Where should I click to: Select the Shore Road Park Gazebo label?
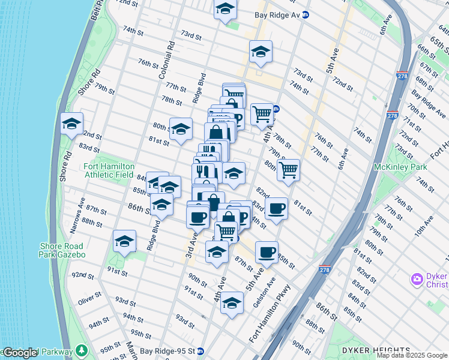pos(62,250)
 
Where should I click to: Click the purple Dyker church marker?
pos(417,279)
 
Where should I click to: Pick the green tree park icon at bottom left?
pos(80,351)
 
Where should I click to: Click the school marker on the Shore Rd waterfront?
pos(72,124)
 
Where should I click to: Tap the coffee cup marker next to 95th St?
pos(267,252)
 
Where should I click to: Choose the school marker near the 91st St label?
pos(125,241)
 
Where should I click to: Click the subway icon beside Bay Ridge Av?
pos(305,14)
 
